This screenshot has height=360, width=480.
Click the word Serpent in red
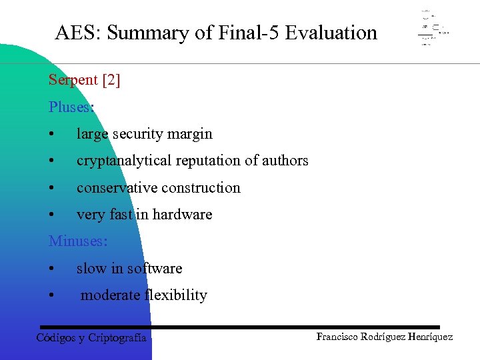coord(73,80)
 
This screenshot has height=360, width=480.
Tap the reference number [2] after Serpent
coord(111,80)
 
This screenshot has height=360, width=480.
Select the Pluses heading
coord(71,107)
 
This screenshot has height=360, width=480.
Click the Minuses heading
coord(77,241)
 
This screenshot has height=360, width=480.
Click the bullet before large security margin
coord(52,134)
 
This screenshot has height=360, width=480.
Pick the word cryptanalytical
coord(120,161)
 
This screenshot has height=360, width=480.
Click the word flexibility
coord(175,295)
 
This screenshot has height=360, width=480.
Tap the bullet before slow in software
coord(52,269)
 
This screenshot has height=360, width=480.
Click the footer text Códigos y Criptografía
coord(91,338)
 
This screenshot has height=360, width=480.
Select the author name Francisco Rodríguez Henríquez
coord(384,337)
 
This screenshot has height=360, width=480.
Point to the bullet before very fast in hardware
coord(52,215)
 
